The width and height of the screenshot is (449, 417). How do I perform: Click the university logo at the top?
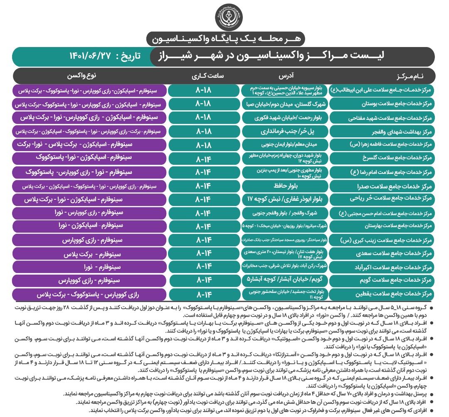(x=226, y=16)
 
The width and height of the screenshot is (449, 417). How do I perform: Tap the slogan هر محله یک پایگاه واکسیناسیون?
(x=226, y=38)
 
